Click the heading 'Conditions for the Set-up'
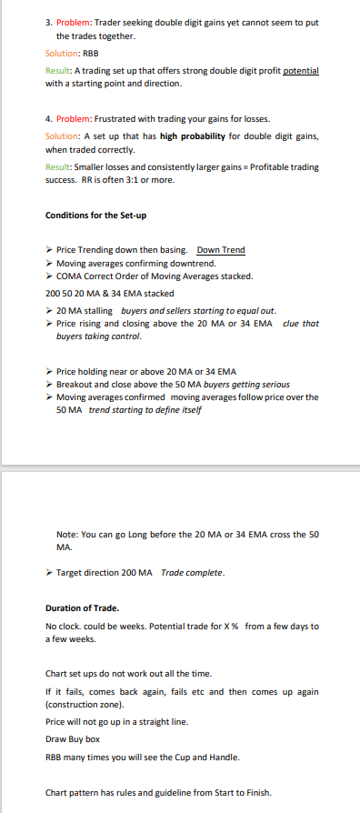[95, 215]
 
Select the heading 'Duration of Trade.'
[82, 607]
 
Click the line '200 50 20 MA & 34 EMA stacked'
[109, 294]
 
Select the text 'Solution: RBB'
[71, 54]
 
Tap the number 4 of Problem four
[47, 118]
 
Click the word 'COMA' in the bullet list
[69, 276]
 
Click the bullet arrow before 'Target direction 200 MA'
[48, 572]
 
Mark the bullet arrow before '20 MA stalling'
[48, 311]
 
